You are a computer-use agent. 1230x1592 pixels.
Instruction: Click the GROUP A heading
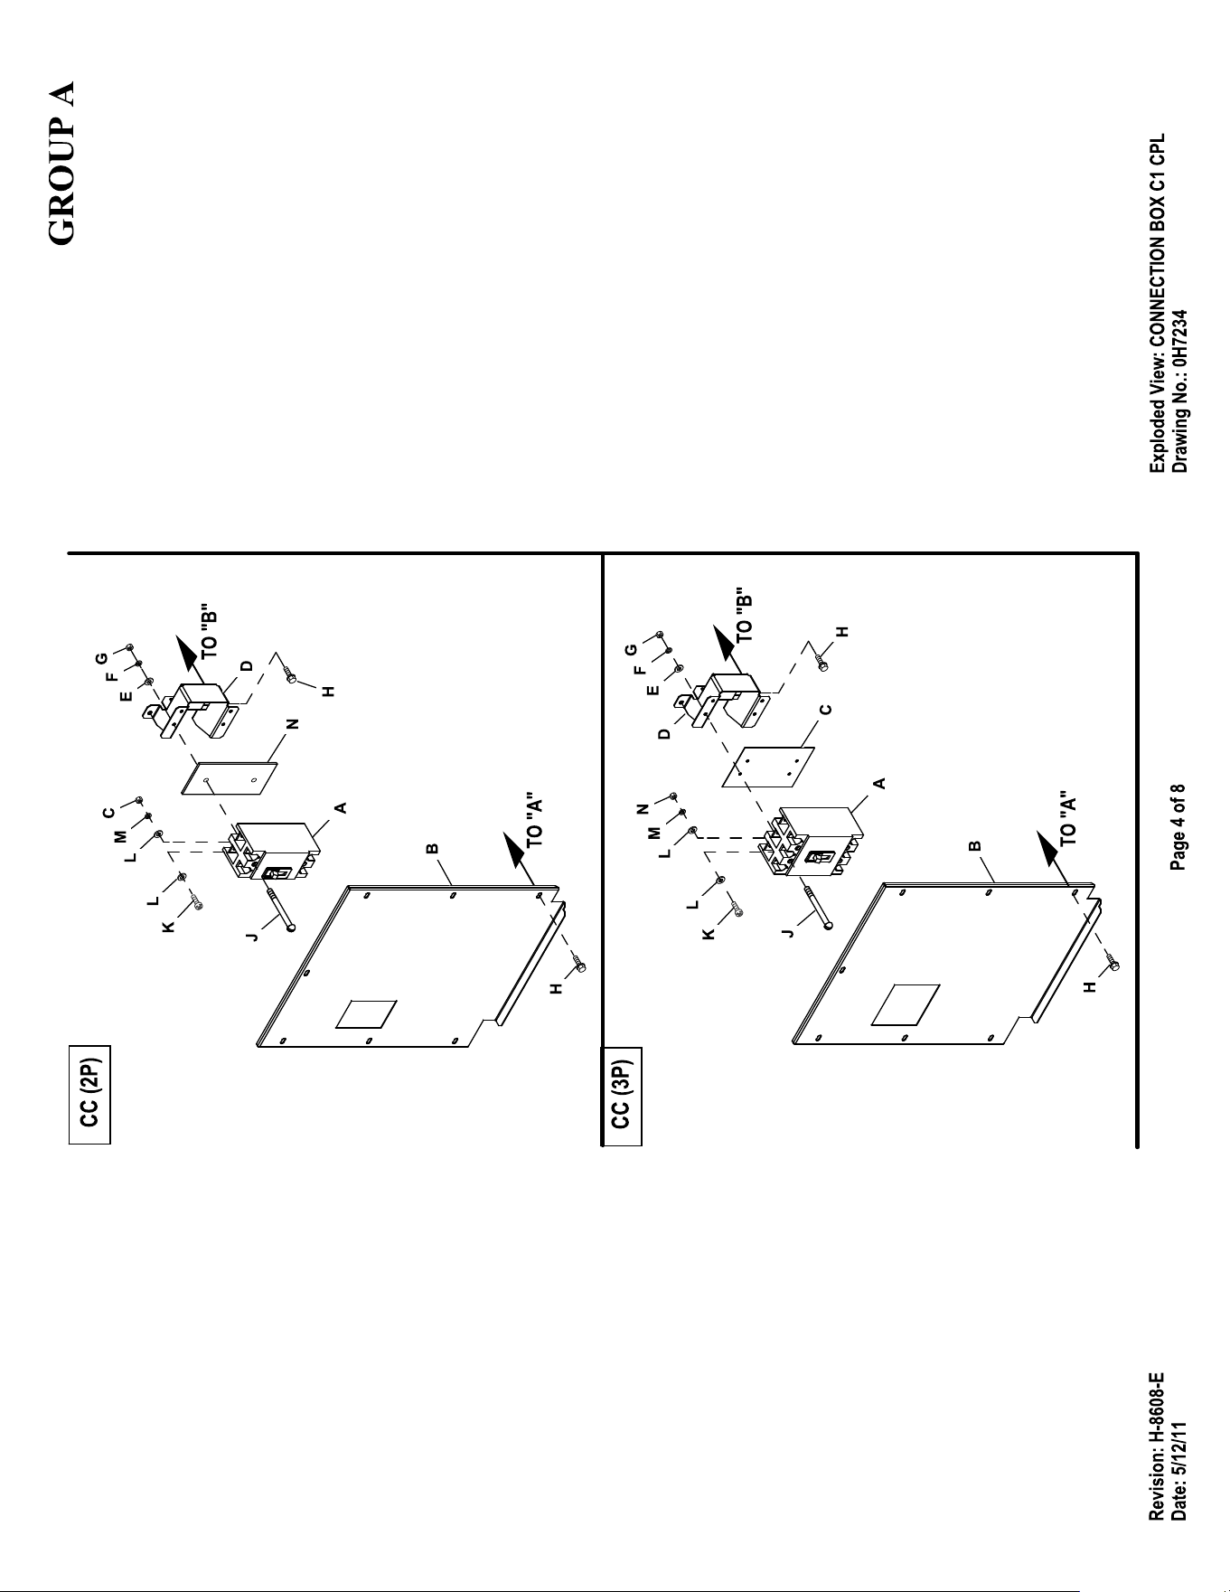click(61, 163)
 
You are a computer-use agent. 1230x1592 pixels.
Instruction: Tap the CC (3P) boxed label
click(622, 1096)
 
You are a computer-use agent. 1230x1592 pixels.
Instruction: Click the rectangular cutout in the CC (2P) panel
click(366, 1013)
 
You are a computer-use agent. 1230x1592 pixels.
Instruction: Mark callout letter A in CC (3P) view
click(878, 783)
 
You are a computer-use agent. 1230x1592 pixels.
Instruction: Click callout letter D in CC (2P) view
click(246, 666)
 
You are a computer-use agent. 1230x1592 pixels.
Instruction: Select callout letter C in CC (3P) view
click(824, 710)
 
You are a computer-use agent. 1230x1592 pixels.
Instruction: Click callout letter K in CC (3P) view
click(709, 934)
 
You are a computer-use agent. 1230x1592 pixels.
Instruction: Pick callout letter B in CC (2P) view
click(433, 849)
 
